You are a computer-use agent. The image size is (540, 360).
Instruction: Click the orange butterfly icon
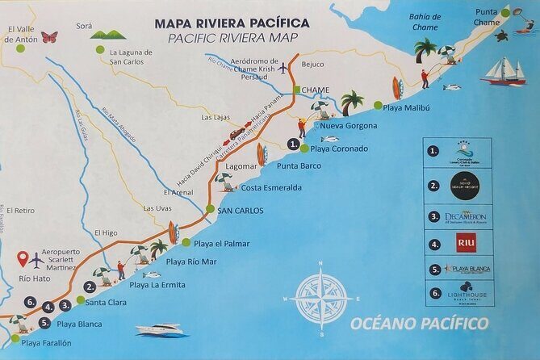tap(49, 37)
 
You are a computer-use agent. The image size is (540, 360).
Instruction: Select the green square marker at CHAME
tap(297, 90)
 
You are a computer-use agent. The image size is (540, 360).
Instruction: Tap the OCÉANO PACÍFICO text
tap(419, 324)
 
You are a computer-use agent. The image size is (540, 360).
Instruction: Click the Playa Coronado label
tap(339, 149)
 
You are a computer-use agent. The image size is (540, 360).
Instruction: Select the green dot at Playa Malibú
tap(377, 105)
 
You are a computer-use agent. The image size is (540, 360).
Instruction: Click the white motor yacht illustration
tap(161, 329)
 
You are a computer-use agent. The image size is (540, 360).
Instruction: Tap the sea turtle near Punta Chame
tap(500, 36)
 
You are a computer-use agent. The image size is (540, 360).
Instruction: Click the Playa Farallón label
tap(52, 343)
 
